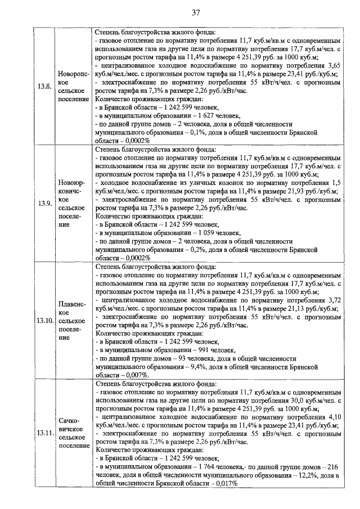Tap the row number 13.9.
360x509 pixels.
click(x=44, y=203)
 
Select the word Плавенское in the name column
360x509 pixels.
click(x=71, y=308)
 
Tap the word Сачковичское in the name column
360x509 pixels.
click(x=71, y=424)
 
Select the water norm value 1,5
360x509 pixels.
click(x=336, y=183)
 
